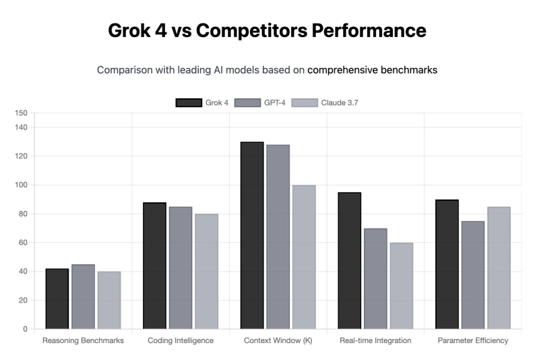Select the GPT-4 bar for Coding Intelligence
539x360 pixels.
(x=181, y=268)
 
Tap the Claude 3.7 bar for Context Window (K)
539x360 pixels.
(x=304, y=257)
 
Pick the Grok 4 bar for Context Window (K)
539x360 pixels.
(x=252, y=235)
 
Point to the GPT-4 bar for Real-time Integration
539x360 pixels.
(x=375, y=278)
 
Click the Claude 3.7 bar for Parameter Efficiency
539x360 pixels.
(x=499, y=268)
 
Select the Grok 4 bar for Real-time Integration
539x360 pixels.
(x=350, y=261)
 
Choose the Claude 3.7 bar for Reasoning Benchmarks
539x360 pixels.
(x=108, y=300)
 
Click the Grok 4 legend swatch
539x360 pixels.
(x=189, y=102)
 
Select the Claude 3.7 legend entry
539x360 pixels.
(x=330, y=102)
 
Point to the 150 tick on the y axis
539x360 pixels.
(x=22, y=113)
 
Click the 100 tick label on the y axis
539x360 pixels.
(x=22, y=185)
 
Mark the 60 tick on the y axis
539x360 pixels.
(x=24, y=243)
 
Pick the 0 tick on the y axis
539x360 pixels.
(x=26, y=329)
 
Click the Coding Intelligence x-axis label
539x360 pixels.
(x=181, y=340)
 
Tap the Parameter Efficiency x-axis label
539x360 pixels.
(x=473, y=340)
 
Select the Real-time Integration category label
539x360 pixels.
(x=375, y=340)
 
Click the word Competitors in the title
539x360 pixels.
(x=260, y=30)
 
